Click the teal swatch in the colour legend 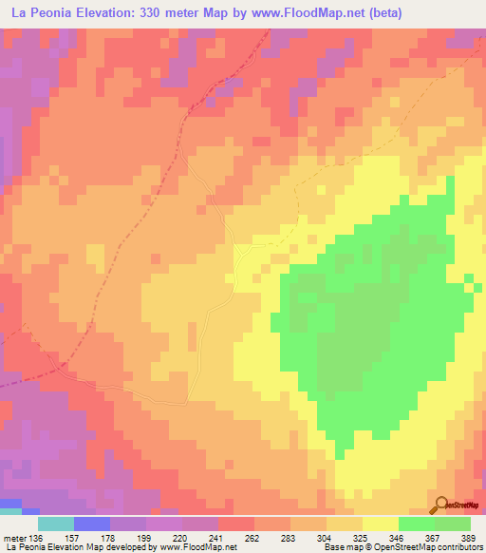click(x=56, y=524)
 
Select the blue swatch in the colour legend click(x=92, y=524)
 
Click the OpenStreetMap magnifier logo click(x=440, y=506)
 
